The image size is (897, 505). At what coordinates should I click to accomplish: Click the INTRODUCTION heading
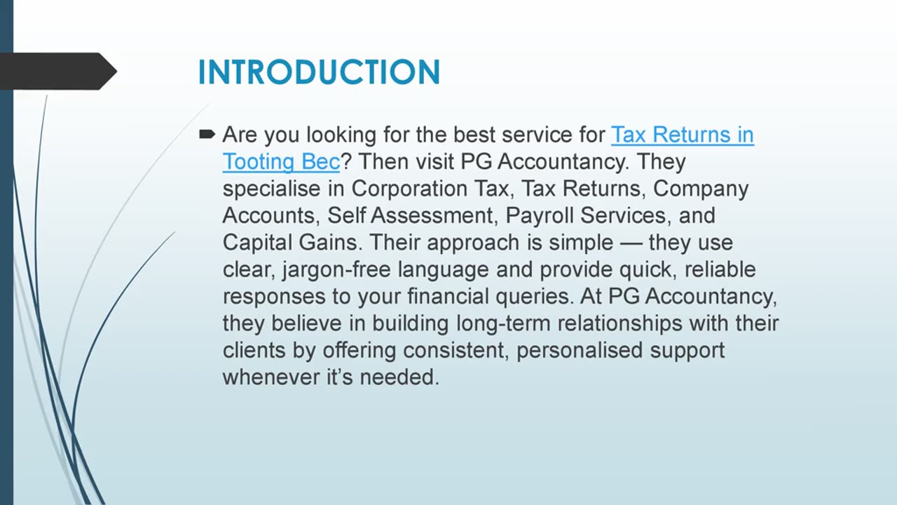319,72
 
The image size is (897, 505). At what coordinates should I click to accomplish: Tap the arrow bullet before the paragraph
207,133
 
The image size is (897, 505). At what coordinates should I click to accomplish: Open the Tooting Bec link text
280,162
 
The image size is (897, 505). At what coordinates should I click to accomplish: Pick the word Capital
258,243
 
